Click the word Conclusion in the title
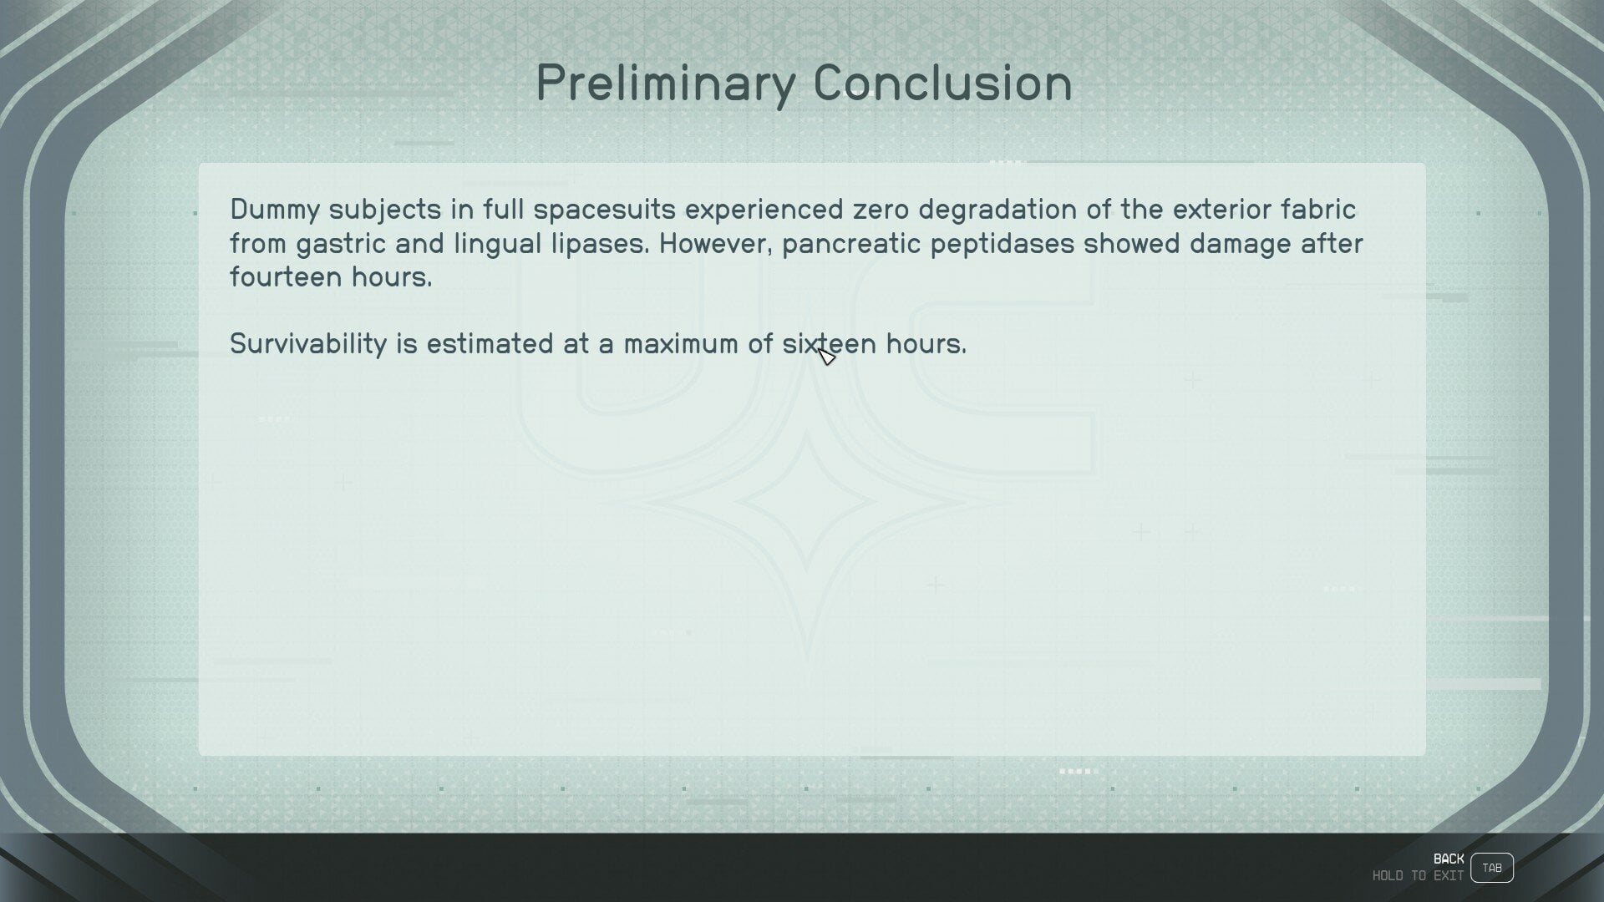coord(943,83)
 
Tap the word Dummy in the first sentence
coord(275,210)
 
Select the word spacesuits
coord(605,210)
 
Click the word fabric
coord(1317,209)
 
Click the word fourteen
coord(286,278)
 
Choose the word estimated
coord(490,344)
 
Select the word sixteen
coord(830,344)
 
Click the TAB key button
coord(1492,868)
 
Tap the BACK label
coord(1449,859)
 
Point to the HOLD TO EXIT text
coord(1418,876)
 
